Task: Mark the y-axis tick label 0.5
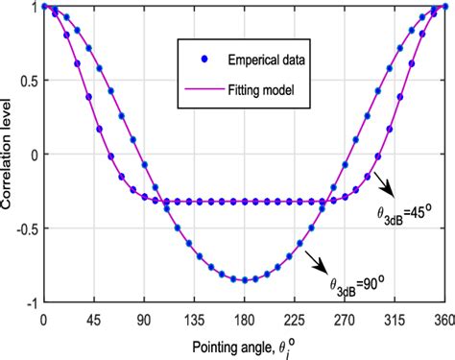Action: point(26,80)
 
